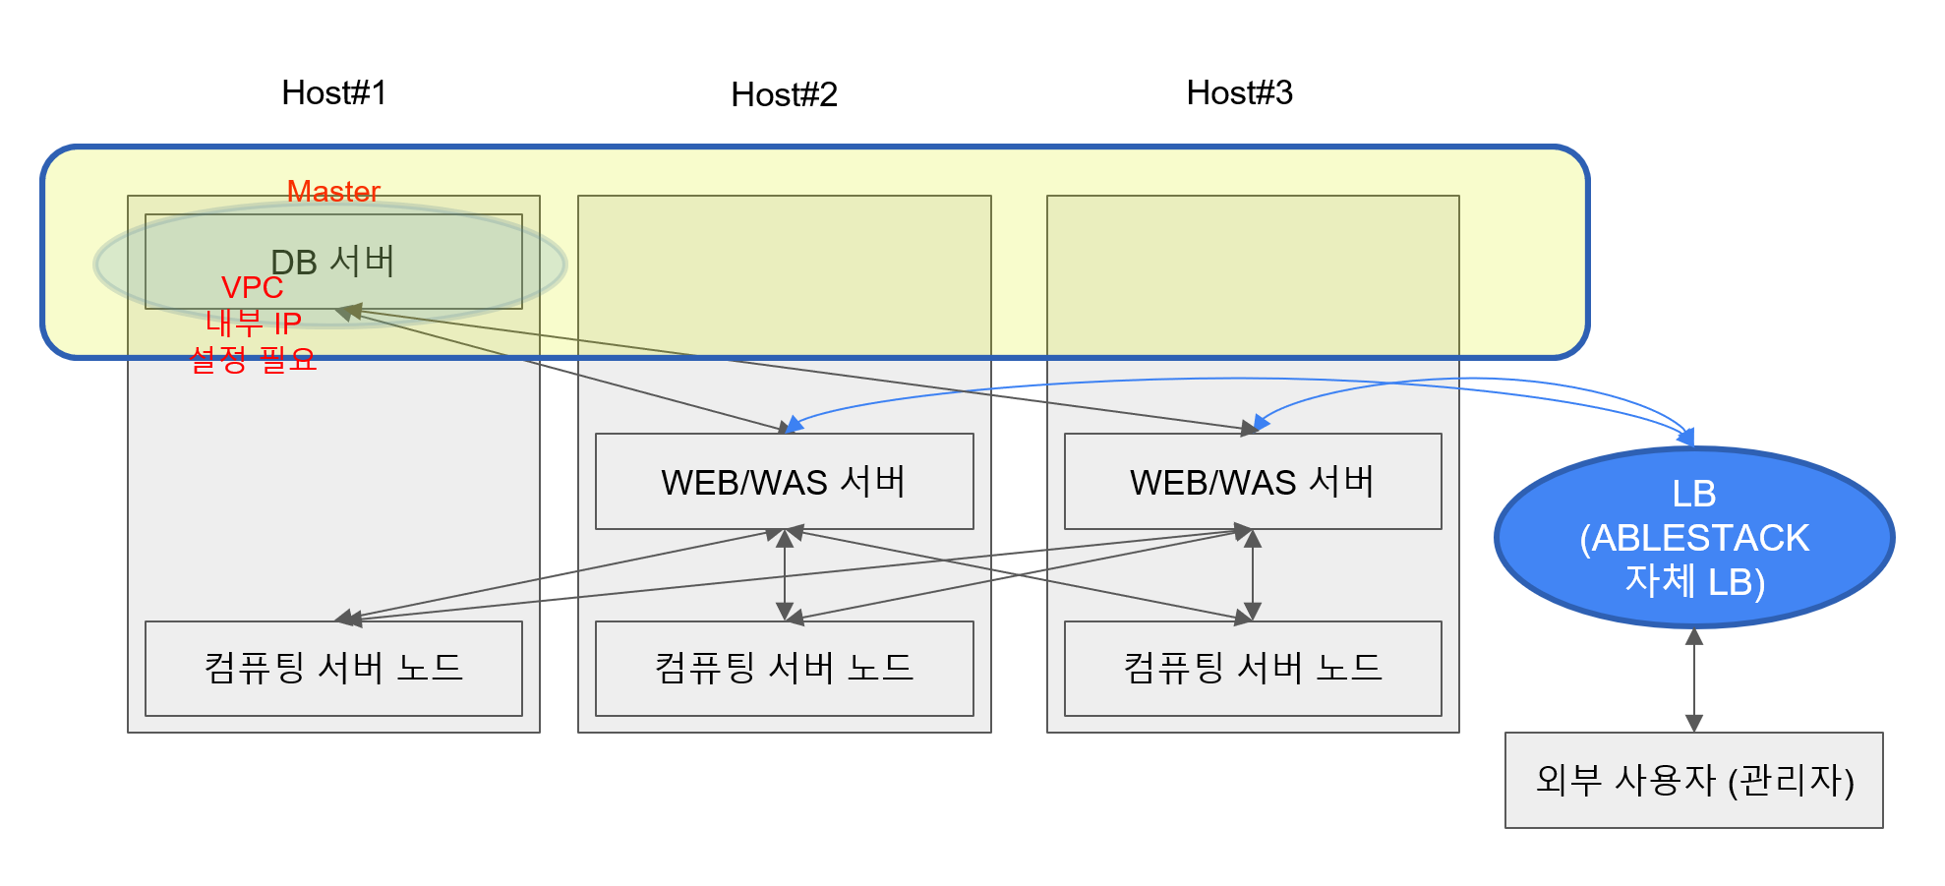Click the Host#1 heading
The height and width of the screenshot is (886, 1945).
click(334, 92)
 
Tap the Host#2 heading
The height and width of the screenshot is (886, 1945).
click(784, 94)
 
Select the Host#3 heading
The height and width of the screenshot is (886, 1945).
click(1239, 92)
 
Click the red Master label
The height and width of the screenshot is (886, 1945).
click(333, 191)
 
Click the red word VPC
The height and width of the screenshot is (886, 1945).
click(252, 287)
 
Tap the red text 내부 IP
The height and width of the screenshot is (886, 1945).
click(253, 323)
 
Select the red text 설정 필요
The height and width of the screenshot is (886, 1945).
click(253, 359)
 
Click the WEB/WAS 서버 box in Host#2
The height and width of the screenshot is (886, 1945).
click(784, 482)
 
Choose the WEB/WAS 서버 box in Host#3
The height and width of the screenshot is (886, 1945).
click(1252, 482)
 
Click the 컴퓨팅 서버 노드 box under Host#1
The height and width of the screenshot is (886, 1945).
click(333, 669)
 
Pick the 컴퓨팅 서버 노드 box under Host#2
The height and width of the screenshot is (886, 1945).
click(784, 669)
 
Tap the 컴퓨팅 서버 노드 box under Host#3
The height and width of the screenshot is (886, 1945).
click(1252, 669)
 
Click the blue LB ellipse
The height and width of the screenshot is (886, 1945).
click(1693, 538)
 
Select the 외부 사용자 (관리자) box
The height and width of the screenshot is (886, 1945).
click(1693, 780)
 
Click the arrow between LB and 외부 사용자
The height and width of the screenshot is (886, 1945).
click(1693, 679)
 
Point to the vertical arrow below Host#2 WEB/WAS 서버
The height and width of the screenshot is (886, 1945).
click(785, 575)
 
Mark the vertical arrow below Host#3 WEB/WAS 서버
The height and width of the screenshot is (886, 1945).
click(1252, 575)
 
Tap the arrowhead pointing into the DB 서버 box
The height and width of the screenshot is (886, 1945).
click(346, 313)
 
